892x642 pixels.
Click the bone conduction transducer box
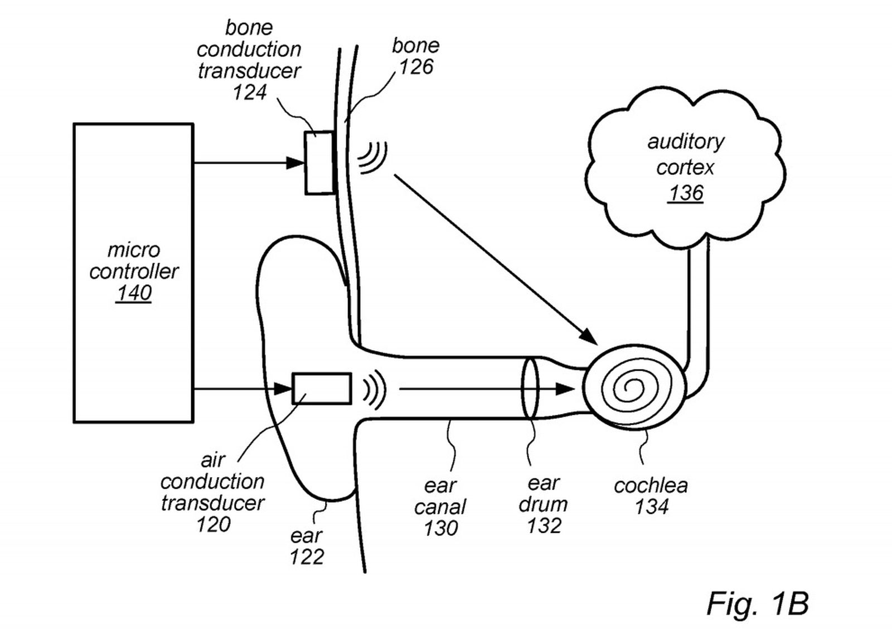coord(319,163)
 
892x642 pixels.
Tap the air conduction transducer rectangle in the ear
coord(322,388)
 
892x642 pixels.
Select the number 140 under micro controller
coord(134,293)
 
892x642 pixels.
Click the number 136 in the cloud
coord(686,193)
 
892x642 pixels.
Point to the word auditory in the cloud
coord(685,142)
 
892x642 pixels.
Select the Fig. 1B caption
coord(757,603)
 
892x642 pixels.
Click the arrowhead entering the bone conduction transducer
coord(295,163)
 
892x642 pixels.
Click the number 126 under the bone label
coord(416,67)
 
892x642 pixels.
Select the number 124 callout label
coord(249,93)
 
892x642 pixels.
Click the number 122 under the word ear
coord(307,557)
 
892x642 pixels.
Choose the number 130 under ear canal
coord(440,528)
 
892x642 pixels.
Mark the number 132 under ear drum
coord(544,526)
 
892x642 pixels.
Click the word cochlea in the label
coord(651,485)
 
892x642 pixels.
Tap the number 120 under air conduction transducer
coord(213,524)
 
